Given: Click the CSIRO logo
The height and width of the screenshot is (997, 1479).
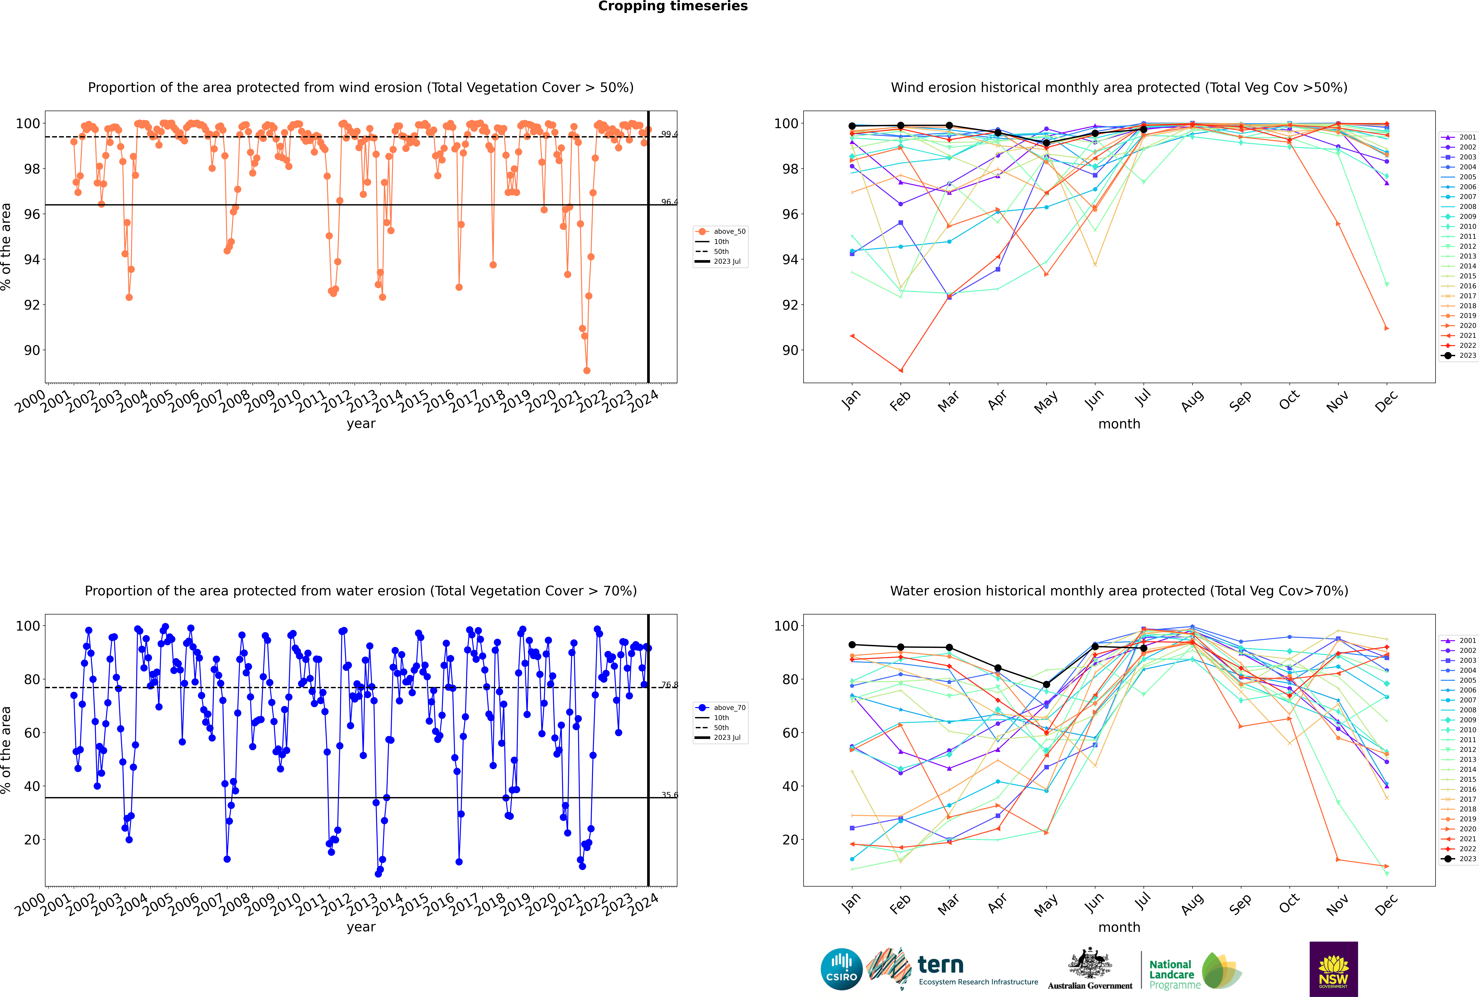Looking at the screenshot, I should click(x=841, y=969).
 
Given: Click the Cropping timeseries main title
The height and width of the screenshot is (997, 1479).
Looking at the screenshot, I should click(x=673, y=6).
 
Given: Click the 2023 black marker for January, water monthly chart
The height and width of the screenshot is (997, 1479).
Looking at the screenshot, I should click(x=852, y=645).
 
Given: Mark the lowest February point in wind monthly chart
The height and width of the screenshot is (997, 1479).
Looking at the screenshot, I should click(x=900, y=370).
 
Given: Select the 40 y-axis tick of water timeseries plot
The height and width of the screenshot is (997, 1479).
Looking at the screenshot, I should click(x=32, y=786).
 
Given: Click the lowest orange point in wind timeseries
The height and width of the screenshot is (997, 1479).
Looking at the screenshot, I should click(x=586, y=370).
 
